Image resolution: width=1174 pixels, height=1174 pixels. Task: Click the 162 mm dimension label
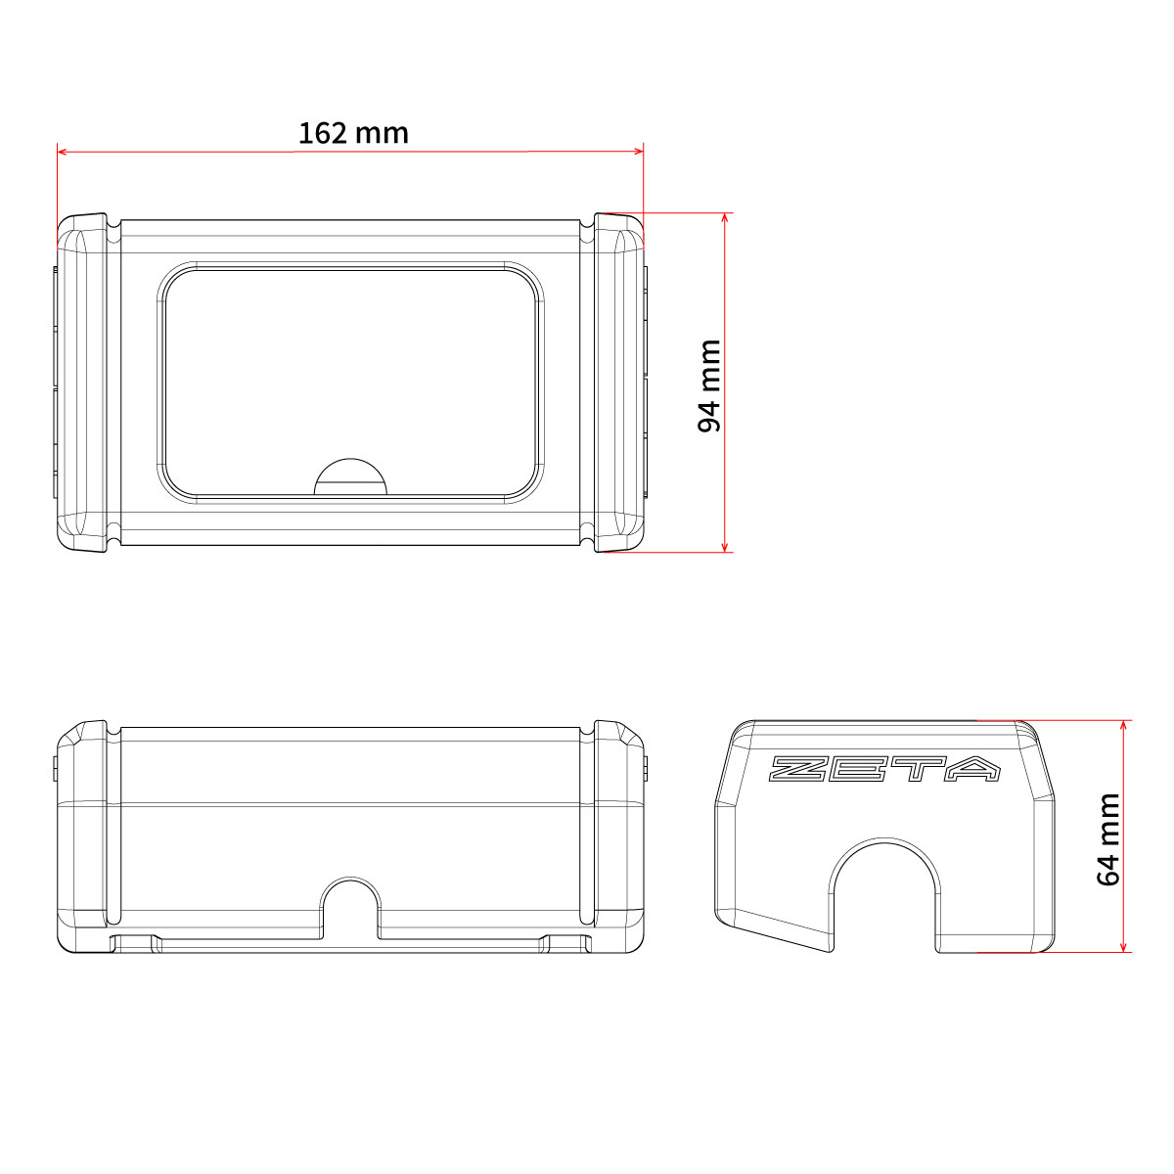tap(353, 133)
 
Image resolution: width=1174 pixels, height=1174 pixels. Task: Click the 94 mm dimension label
tap(709, 385)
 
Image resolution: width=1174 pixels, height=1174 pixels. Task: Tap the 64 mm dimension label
tap(1107, 839)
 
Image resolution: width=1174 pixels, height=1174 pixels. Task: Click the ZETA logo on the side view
tap(884, 769)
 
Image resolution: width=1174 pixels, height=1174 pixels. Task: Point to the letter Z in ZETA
tap(798, 769)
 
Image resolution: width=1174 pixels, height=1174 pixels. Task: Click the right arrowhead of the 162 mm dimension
tap(639, 151)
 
